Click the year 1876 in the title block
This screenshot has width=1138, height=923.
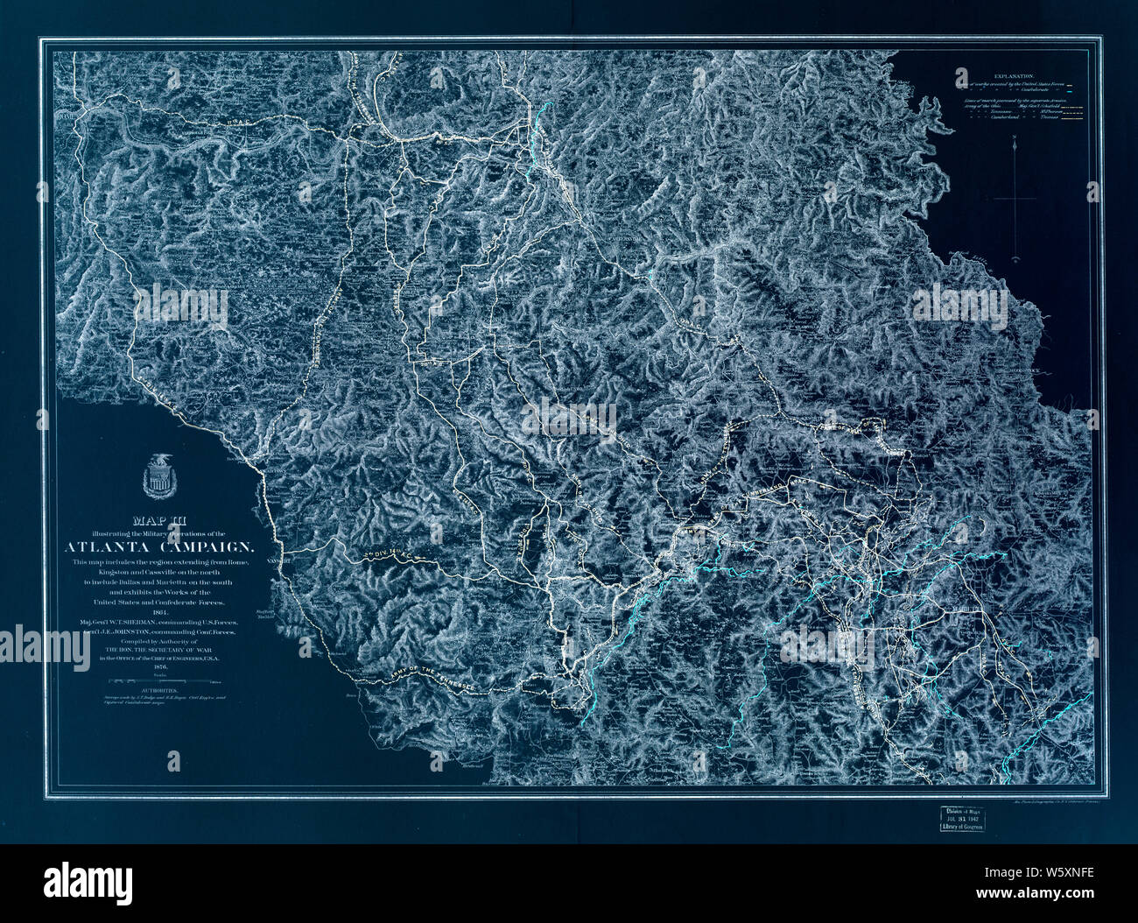(159, 666)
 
